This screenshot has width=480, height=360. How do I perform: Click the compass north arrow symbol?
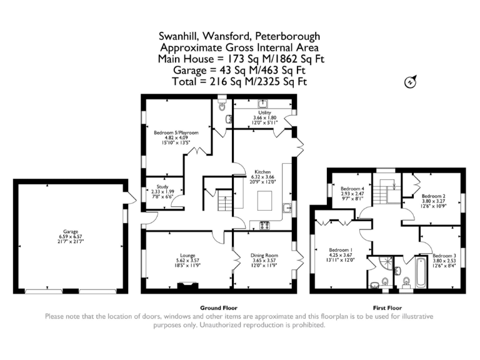(x=411, y=81)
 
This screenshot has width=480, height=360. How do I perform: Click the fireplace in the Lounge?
(x=186, y=287)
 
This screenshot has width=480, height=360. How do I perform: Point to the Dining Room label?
(x=264, y=255)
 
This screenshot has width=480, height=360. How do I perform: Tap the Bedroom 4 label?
(x=352, y=189)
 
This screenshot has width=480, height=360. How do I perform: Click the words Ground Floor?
(x=218, y=308)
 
